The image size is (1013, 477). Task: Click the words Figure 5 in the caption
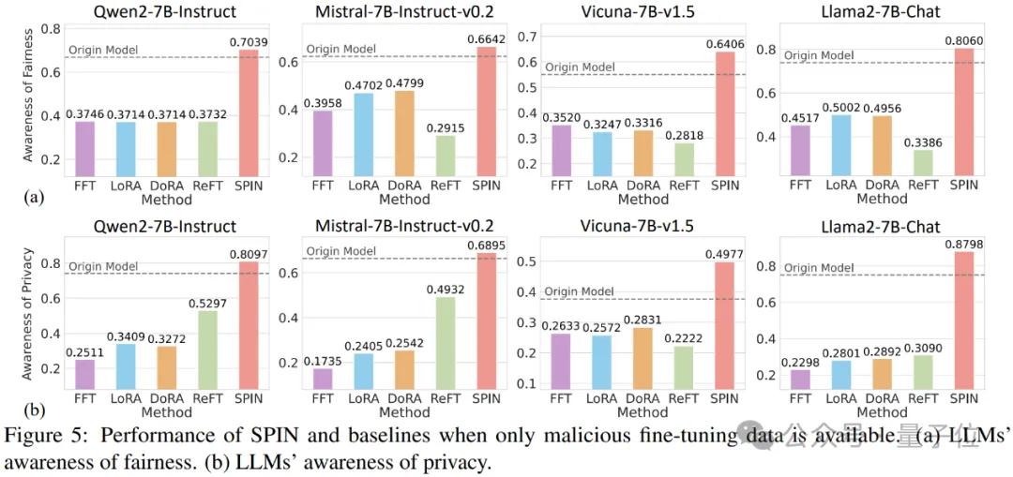point(37,435)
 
